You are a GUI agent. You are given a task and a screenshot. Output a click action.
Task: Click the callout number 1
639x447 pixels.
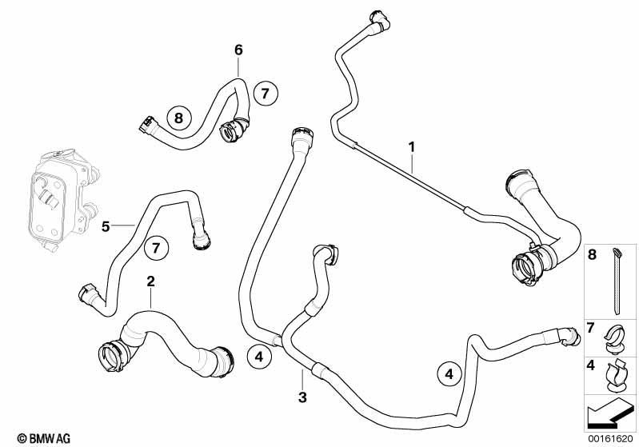(x=412, y=146)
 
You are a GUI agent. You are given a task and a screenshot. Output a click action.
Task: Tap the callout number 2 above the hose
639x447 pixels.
(x=151, y=281)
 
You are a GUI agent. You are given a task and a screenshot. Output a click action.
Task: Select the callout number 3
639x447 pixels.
(x=302, y=397)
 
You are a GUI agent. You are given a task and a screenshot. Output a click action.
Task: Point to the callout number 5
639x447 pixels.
(x=106, y=226)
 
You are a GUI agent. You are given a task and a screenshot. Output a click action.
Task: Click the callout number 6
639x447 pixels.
(x=238, y=50)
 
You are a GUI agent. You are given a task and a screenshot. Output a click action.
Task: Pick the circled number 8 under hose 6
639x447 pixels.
(x=178, y=118)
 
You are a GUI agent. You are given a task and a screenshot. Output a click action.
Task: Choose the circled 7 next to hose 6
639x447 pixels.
(x=266, y=94)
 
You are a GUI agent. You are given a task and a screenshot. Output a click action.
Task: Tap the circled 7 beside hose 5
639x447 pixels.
(x=156, y=247)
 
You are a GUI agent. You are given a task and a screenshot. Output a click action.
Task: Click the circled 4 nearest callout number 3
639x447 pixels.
(x=259, y=357)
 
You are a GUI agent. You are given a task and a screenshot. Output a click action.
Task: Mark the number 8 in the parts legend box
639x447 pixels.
(x=592, y=255)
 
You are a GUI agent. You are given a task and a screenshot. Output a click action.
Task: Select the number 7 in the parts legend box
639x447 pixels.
(x=591, y=327)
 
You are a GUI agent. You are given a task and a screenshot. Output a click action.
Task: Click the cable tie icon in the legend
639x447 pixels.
(x=617, y=281)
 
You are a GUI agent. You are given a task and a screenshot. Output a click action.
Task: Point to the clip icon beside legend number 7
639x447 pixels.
(x=615, y=339)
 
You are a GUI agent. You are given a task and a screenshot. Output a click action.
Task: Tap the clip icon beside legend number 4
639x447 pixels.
(x=616, y=376)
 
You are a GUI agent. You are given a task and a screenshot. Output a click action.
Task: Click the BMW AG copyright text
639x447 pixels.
(x=44, y=438)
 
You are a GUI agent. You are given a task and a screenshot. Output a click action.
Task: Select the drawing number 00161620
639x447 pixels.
(x=610, y=439)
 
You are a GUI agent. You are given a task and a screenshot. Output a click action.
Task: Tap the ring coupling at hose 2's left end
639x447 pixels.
(x=111, y=357)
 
